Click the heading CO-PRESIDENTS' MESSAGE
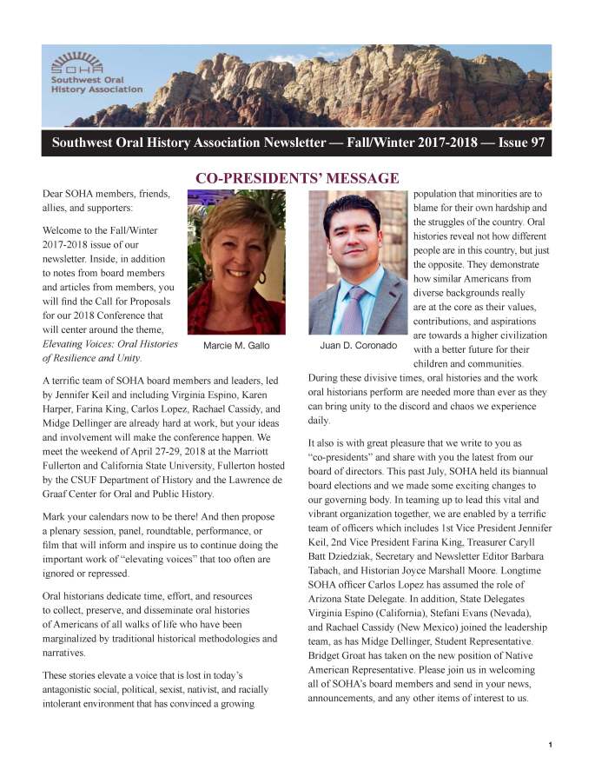[296, 178]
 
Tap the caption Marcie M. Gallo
[236, 346]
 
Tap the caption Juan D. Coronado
[359, 346]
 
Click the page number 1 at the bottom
[551, 745]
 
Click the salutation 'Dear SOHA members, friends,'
[106, 194]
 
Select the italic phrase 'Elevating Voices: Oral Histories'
[109, 343]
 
